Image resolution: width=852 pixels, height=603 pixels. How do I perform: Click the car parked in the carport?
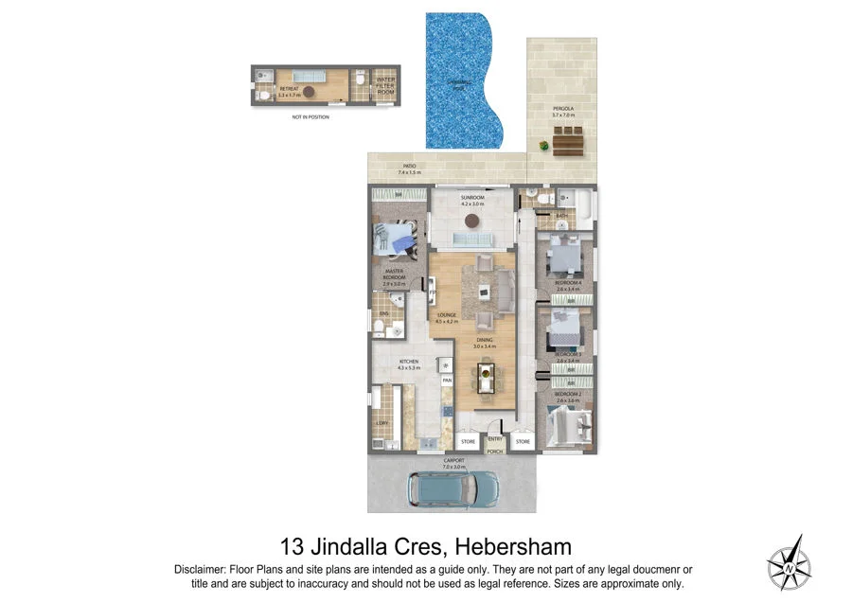click(x=453, y=488)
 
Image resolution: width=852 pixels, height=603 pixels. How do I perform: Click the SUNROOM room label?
click(x=472, y=200)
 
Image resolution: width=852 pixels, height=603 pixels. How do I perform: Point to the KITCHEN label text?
click(x=409, y=364)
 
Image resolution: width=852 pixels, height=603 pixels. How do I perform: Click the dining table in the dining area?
click(x=486, y=375)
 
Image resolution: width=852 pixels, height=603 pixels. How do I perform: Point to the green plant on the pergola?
click(x=543, y=145)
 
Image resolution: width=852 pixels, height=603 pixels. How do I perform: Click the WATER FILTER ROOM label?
click(x=386, y=84)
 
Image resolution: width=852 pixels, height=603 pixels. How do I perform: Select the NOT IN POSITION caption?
click(x=311, y=116)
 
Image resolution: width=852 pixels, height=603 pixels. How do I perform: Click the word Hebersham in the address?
click(x=513, y=546)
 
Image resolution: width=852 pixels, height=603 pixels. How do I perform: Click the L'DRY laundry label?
click(x=382, y=423)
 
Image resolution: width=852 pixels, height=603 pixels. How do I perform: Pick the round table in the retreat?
click(x=309, y=91)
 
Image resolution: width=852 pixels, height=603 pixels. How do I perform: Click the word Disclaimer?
click(x=203, y=569)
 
